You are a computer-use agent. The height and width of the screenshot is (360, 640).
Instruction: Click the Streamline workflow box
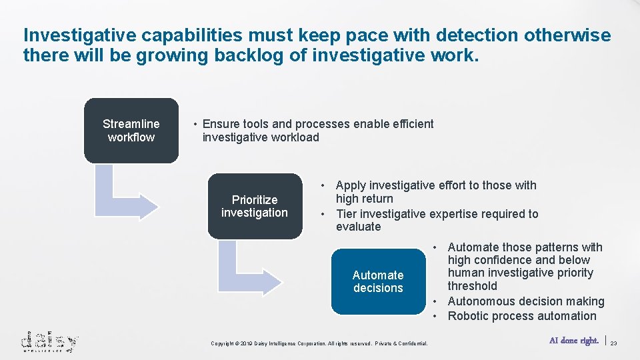(x=131, y=131)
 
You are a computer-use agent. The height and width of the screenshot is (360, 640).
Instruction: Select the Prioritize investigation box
(x=254, y=206)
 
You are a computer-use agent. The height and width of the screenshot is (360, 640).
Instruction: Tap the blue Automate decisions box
(x=377, y=281)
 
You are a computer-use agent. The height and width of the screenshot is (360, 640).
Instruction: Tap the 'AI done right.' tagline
(x=573, y=341)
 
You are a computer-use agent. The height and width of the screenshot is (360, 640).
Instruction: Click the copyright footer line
(x=319, y=343)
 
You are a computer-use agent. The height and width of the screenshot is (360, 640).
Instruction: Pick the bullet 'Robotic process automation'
(x=521, y=316)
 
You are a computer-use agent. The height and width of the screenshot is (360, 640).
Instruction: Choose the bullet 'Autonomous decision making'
(x=525, y=301)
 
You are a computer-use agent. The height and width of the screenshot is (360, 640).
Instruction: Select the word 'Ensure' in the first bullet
(x=219, y=124)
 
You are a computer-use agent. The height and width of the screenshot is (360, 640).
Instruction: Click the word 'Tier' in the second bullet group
(x=348, y=214)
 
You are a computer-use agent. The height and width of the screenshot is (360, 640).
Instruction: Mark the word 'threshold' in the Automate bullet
(x=472, y=286)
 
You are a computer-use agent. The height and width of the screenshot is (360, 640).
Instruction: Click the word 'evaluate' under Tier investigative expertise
(x=358, y=227)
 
